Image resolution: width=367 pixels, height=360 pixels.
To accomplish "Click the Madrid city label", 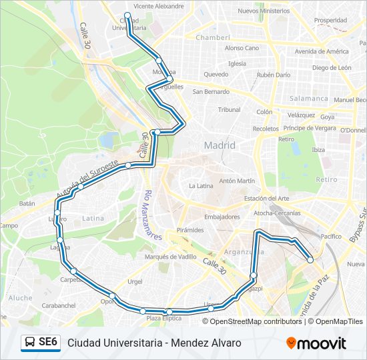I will (x=220, y=145).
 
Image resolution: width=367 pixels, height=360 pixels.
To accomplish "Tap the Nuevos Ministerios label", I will (x=264, y=11).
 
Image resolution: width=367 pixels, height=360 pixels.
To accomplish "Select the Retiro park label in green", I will (x=327, y=179).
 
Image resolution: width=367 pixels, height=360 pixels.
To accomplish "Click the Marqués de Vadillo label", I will (x=170, y=257).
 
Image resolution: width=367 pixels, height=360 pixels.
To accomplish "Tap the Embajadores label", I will (x=222, y=217).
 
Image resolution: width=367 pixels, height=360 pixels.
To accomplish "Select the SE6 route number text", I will (x=48, y=343).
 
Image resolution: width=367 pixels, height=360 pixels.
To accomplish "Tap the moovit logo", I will (x=316, y=343).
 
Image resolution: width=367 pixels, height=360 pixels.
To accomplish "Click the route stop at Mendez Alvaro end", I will (x=310, y=260).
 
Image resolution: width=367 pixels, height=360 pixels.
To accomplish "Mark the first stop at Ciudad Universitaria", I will (x=127, y=15).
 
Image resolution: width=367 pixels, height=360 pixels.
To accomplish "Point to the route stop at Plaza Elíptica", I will (x=169, y=312).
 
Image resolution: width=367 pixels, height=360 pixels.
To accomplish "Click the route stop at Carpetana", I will (x=74, y=271).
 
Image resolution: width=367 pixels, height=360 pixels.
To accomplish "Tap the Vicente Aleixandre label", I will (x=159, y=6).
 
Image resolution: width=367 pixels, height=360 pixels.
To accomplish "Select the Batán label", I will (x=27, y=203).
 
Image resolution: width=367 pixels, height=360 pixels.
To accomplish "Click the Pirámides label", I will (x=190, y=229).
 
